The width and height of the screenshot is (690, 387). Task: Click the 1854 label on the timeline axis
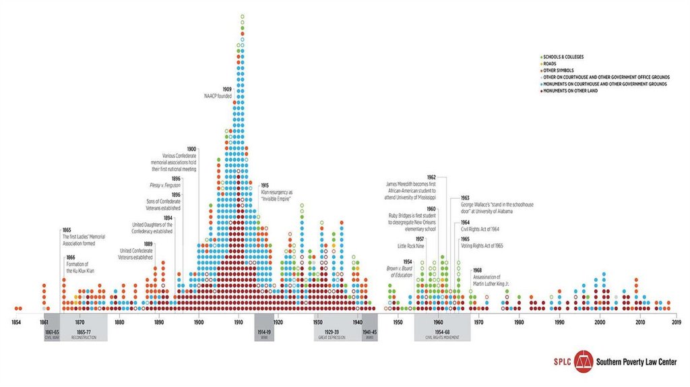coord(16,322)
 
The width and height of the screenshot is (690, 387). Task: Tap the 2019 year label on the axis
coord(677,322)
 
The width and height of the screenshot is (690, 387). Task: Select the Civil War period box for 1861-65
coord(52,326)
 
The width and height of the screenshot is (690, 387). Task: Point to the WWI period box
coord(264,326)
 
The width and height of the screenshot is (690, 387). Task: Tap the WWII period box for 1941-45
coord(369,326)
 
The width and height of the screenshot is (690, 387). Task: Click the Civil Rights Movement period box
coord(442,326)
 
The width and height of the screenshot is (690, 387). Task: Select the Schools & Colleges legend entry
coord(566,56)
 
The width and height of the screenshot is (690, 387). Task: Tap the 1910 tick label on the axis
coord(239,322)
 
